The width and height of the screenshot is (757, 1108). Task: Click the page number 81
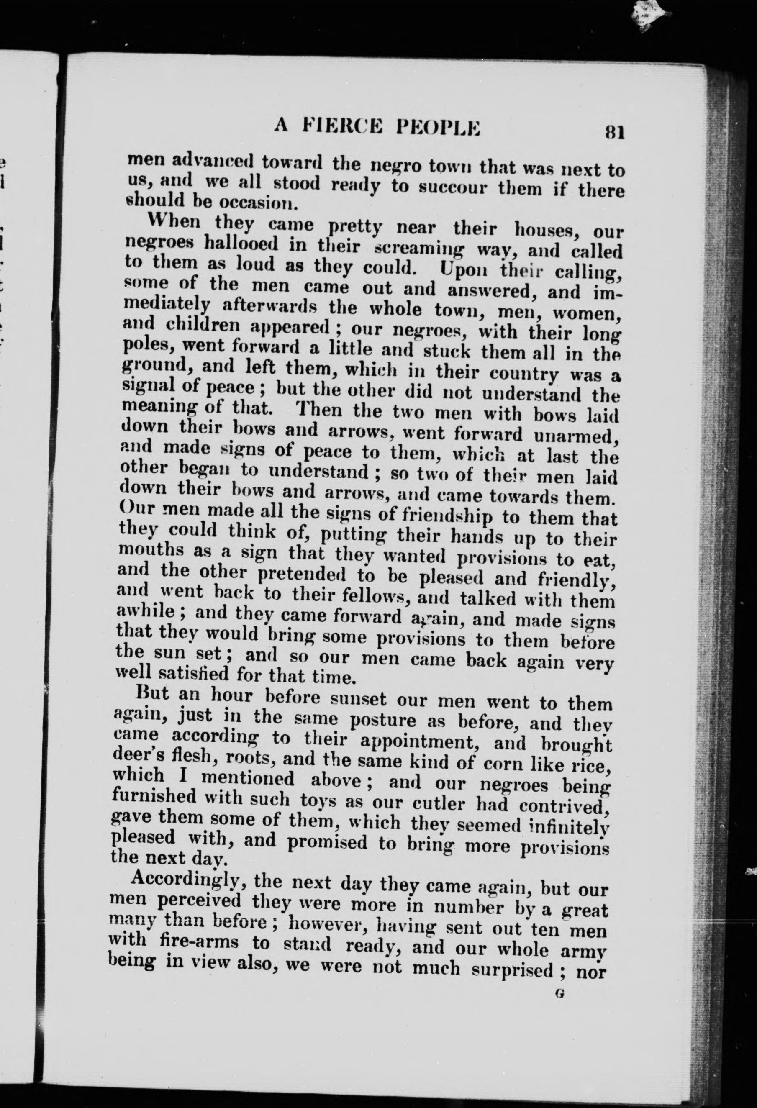click(x=614, y=131)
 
